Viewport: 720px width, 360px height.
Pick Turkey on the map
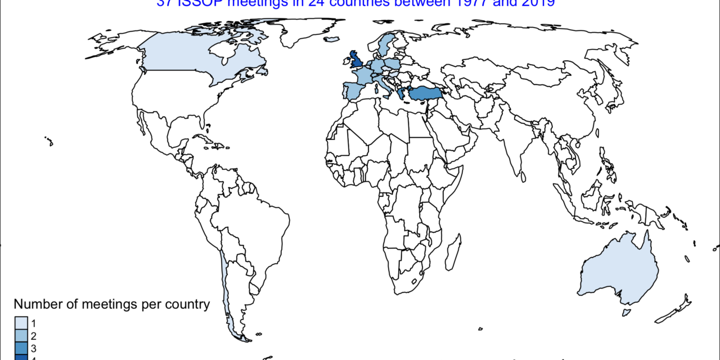click(x=424, y=93)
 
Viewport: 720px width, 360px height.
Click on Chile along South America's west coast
click(x=224, y=292)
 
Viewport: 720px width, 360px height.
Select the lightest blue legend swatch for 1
click(x=20, y=323)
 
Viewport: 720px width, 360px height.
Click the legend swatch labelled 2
click(x=20, y=336)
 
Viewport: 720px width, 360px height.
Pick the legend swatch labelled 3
click(x=20, y=348)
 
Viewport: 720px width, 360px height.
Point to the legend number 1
click(x=34, y=323)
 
